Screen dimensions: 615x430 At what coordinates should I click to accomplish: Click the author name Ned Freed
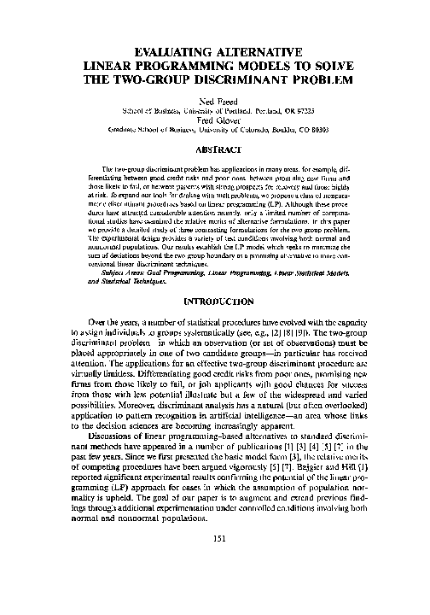214,99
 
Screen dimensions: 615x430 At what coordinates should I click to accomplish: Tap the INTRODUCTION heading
214,302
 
